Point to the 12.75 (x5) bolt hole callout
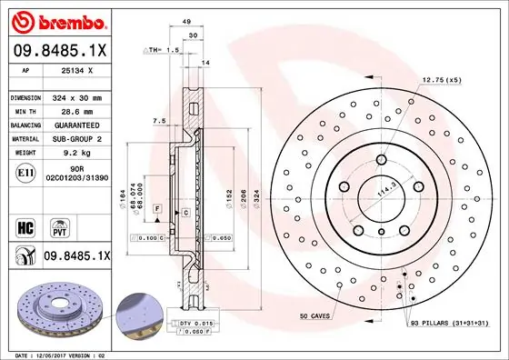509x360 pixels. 441,80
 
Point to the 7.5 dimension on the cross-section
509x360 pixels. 159,121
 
